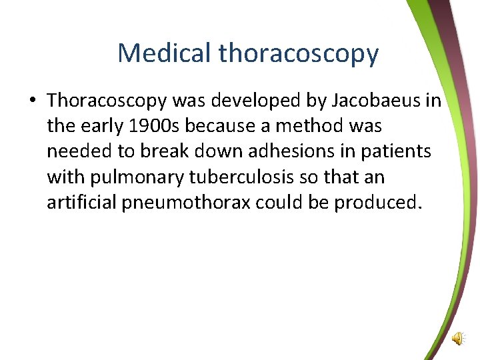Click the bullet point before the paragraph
pyautogui.click(x=33, y=101)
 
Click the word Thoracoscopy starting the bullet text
pyautogui.click(x=107, y=101)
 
